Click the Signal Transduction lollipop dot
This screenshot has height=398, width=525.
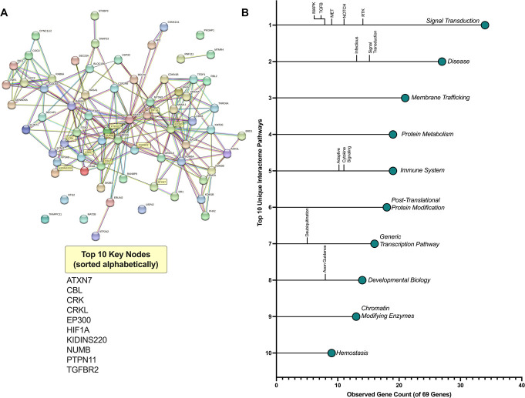pyautogui.click(x=485, y=25)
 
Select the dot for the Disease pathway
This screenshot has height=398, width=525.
pyautogui.click(x=442, y=62)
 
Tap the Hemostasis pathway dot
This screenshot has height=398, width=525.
pyautogui.click(x=331, y=353)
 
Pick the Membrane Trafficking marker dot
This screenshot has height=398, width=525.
pyautogui.click(x=406, y=98)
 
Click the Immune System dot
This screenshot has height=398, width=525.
pyautogui.click(x=393, y=171)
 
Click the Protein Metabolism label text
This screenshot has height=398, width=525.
pyautogui.click(x=427, y=135)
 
